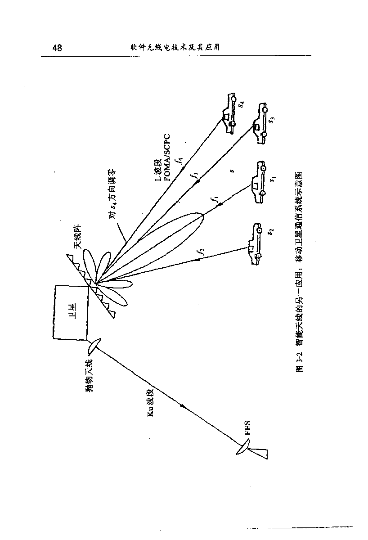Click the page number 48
[x=57, y=48]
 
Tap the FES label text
[x=247, y=427]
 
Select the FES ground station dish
[x=243, y=447]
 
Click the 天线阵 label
[x=77, y=238]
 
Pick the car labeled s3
[x=260, y=124]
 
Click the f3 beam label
[x=194, y=177]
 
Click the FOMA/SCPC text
[x=167, y=157]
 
